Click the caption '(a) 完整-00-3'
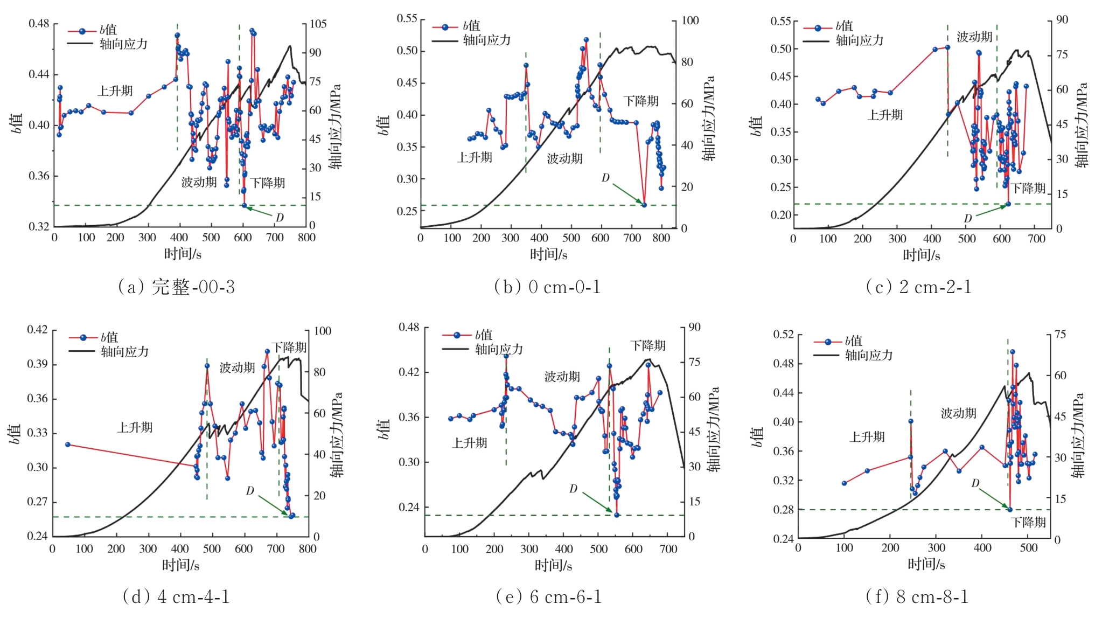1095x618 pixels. tap(176, 287)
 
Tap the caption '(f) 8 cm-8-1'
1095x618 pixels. tap(917, 596)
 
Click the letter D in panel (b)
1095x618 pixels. tap(605, 178)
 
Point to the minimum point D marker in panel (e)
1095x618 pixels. tap(617, 515)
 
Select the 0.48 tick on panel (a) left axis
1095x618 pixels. tap(39, 24)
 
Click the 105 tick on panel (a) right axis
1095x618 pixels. tap(318, 24)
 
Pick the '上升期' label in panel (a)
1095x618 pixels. tap(115, 91)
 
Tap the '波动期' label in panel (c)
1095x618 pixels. tap(974, 37)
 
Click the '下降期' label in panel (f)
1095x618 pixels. tap(1028, 522)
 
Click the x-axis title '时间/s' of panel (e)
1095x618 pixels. tap(553, 565)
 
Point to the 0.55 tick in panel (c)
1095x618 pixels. tap(780, 22)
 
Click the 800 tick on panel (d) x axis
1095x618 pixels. tap(308, 548)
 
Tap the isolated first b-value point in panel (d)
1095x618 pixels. tap(68, 445)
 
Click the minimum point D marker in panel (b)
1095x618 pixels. tap(644, 205)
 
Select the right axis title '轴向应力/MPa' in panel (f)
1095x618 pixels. tap(1078, 436)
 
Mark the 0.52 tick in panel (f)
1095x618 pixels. tap(783, 335)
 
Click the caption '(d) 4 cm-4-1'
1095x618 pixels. tap(176, 596)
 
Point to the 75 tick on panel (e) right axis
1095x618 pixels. tap(694, 362)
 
